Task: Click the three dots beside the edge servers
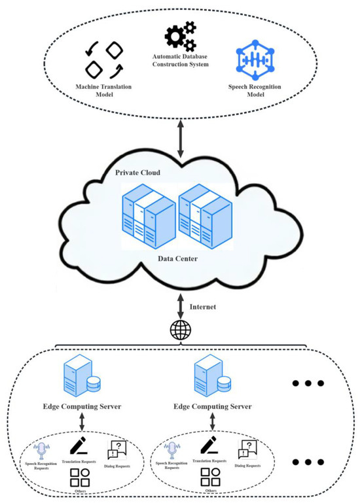tap(306, 384)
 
